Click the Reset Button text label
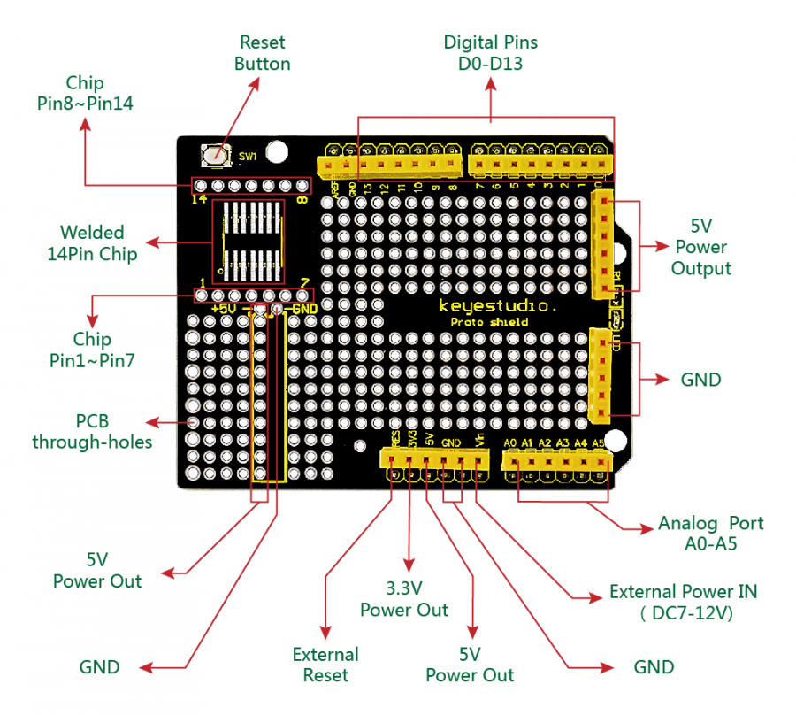[x=263, y=52]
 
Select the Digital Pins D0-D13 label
[x=490, y=52]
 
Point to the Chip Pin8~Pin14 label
[x=85, y=93]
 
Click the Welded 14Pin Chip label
[x=92, y=243]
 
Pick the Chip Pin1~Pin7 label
[x=92, y=350]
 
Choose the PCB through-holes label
[x=92, y=431]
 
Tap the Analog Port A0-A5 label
[x=710, y=533]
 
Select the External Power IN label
[x=683, y=602]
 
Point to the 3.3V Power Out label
[x=403, y=599]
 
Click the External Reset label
[x=325, y=665]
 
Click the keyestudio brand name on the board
[x=498, y=306]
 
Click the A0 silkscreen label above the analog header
[x=510, y=443]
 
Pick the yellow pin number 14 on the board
[x=200, y=199]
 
